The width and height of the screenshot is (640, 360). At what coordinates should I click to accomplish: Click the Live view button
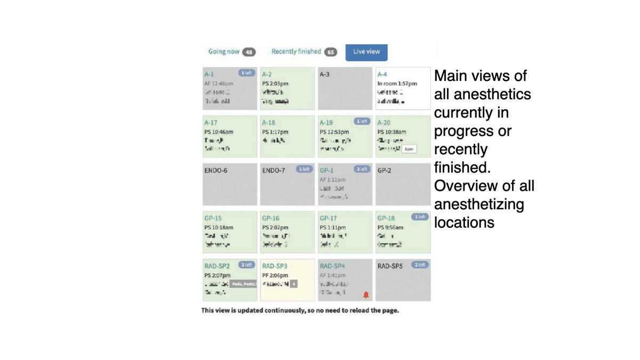366,52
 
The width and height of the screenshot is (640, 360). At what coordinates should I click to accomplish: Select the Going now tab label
224,52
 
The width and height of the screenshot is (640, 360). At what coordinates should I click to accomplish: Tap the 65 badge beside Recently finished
331,52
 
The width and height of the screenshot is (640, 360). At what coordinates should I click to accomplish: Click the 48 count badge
249,52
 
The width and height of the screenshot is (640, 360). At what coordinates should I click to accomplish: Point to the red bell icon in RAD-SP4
366,294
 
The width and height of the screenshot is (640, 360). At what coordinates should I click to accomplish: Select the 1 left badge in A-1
246,73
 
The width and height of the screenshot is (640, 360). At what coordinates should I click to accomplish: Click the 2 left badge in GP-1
362,169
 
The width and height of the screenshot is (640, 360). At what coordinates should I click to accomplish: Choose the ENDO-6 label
216,171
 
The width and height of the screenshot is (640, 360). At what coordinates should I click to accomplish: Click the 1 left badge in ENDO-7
304,169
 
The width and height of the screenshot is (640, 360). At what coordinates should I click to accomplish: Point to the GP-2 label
385,171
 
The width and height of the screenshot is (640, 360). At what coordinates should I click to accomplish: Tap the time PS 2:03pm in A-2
275,84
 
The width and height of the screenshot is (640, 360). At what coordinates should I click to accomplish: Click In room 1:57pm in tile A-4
397,84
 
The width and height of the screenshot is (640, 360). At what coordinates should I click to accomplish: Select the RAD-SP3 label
275,266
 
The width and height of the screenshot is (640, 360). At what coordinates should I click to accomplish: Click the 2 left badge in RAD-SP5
419,265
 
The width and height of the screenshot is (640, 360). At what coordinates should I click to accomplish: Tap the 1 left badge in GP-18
419,217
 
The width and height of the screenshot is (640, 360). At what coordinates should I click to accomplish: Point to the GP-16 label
271,218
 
